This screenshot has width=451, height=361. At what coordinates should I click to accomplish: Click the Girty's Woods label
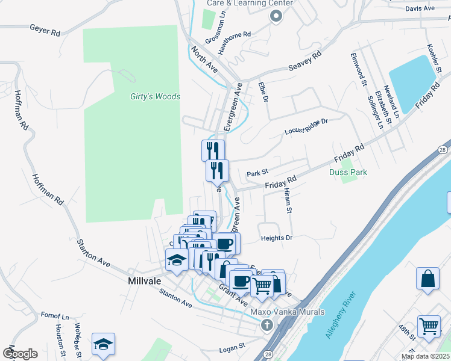(x=156, y=96)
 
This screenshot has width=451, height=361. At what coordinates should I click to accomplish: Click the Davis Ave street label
(x=420, y=8)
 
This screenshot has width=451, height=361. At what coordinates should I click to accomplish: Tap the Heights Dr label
(x=277, y=238)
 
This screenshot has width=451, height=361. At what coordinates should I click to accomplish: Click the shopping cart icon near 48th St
(x=429, y=326)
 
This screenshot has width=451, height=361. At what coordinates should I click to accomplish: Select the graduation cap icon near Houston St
(x=103, y=344)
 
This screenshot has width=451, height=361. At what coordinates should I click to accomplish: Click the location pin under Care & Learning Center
(x=276, y=17)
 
